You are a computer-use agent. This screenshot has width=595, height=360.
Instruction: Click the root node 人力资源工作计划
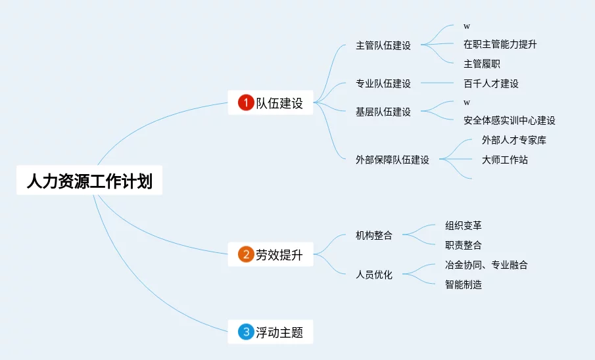(x=89, y=181)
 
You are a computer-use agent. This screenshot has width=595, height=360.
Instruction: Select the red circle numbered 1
(x=245, y=102)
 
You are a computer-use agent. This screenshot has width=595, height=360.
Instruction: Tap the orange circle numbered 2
(x=245, y=254)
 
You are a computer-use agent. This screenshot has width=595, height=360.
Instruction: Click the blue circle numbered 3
(x=245, y=332)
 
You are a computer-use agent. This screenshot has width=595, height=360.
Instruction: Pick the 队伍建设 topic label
(x=279, y=102)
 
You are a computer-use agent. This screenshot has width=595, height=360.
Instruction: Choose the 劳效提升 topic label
(x=279, y=254)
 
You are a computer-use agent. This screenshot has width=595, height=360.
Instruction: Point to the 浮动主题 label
(x=279, y=332)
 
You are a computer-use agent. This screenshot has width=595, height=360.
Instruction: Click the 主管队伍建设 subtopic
(x=383, y=45)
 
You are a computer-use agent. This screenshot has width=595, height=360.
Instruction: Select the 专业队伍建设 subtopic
(x=383, y=83)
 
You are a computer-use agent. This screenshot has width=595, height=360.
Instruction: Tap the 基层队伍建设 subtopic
(x=383, y=112)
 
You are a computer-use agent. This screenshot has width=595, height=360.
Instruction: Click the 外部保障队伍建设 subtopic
(x=392, y=160)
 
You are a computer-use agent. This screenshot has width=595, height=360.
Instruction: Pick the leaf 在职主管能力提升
(x=500, y=44)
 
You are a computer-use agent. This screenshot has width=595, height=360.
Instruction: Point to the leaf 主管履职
(x=481, y=64)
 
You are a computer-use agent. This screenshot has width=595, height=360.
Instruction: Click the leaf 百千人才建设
(x=490, y=83)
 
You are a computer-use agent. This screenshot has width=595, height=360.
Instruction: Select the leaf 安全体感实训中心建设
(x=509, y=120)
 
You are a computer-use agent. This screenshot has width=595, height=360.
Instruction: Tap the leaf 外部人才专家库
(x=513, y=140)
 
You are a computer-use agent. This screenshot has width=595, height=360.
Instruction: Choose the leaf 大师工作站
(x=504, y=160)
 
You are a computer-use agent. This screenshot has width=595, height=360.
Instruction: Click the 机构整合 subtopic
(x=373, y=235)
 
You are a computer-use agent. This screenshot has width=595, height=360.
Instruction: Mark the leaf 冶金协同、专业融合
(x=486, y=265)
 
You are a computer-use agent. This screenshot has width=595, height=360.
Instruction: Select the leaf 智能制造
(x=463, y=284)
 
